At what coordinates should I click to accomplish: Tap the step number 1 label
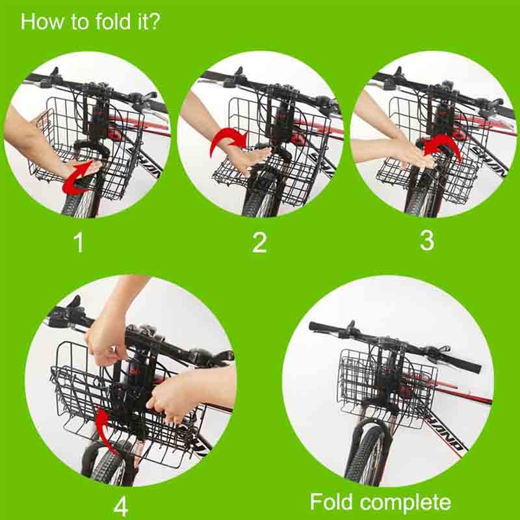[x=79, y=242]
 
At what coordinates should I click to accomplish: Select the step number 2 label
[x=259, y=242]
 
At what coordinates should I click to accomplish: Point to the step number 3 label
[x=427, y=240]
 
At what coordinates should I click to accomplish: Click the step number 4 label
[x=121, y=506]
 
